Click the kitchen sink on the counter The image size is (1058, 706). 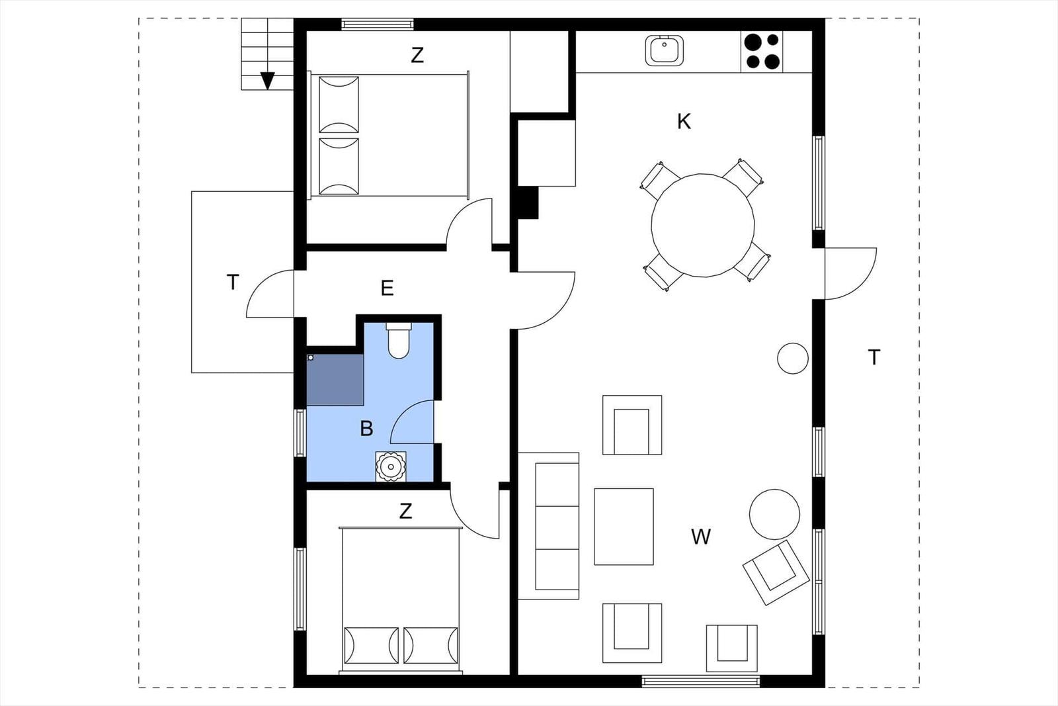tap(664, 50)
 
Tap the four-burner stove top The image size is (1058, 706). tap(761, 52)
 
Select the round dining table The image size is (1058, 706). tap(703, 226)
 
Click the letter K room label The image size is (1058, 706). tap(684, 122)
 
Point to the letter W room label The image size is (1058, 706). tap(700, 537)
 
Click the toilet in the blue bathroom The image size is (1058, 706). tap(399, 340)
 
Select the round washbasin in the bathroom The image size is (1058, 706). tap(391, 467)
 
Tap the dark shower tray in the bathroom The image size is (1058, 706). tap(335, 379)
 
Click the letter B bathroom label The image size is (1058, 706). tap(366, 429)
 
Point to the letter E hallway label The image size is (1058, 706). tap(387, 288)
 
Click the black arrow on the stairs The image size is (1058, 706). tap(267, 81)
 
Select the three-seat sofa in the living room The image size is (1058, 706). tap(549, 526)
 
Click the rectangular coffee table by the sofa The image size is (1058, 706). tap(624, 527)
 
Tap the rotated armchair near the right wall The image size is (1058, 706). tap(776, 573)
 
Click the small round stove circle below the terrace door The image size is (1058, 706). tap(793, 358)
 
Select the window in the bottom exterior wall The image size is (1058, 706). tap(700, 681)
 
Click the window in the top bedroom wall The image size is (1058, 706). tap(378, 24)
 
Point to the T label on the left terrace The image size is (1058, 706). tap(232, 282)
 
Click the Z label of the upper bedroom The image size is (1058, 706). tap(417, 56)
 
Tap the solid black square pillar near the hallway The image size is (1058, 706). tap(528, 202)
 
